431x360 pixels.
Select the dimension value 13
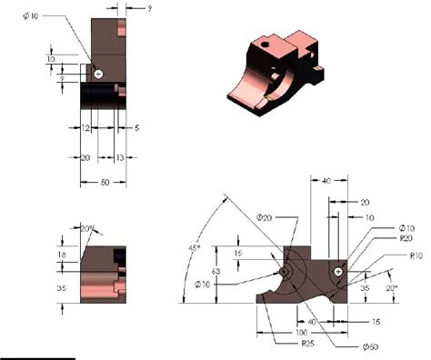120,157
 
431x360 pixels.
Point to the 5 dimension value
136,130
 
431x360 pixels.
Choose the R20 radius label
406,237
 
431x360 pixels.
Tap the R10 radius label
417,255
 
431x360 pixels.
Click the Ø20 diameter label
265,217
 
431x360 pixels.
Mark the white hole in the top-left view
99,73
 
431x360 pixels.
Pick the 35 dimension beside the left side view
62,288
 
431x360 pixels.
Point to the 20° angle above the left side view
87,227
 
